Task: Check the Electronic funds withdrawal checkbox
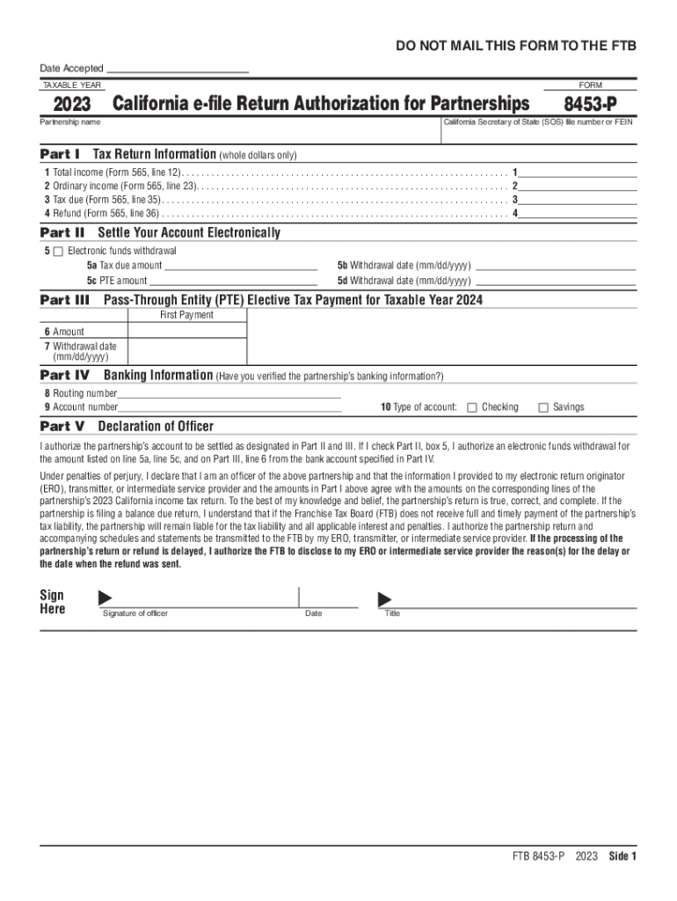(x=58, y=252)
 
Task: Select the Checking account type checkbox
(x=472, y=407)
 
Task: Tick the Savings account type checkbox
(x=543, y=407)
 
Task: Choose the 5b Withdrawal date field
(x=556, y=265)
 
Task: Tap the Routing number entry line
(x=229, y=393)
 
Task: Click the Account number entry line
(x=229, y=407)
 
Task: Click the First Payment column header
(x=186, y=315)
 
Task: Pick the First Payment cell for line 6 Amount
(x=186, y=332)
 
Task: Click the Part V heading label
(x=62, y=427)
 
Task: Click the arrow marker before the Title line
(x=384, y=599)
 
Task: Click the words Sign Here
(x=53, y=602)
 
